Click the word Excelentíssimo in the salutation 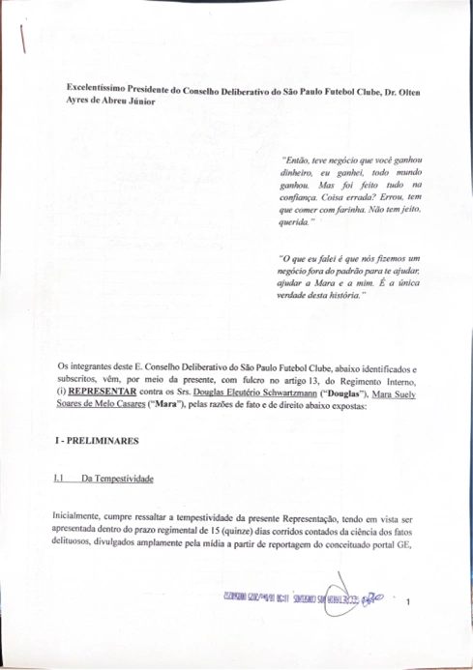(x=87, y=88)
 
